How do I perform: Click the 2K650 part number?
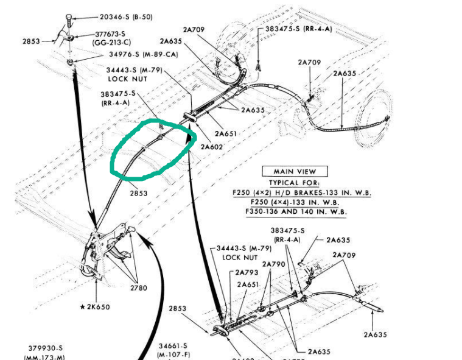98,307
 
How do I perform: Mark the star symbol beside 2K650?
82,307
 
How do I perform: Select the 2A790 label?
274,264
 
